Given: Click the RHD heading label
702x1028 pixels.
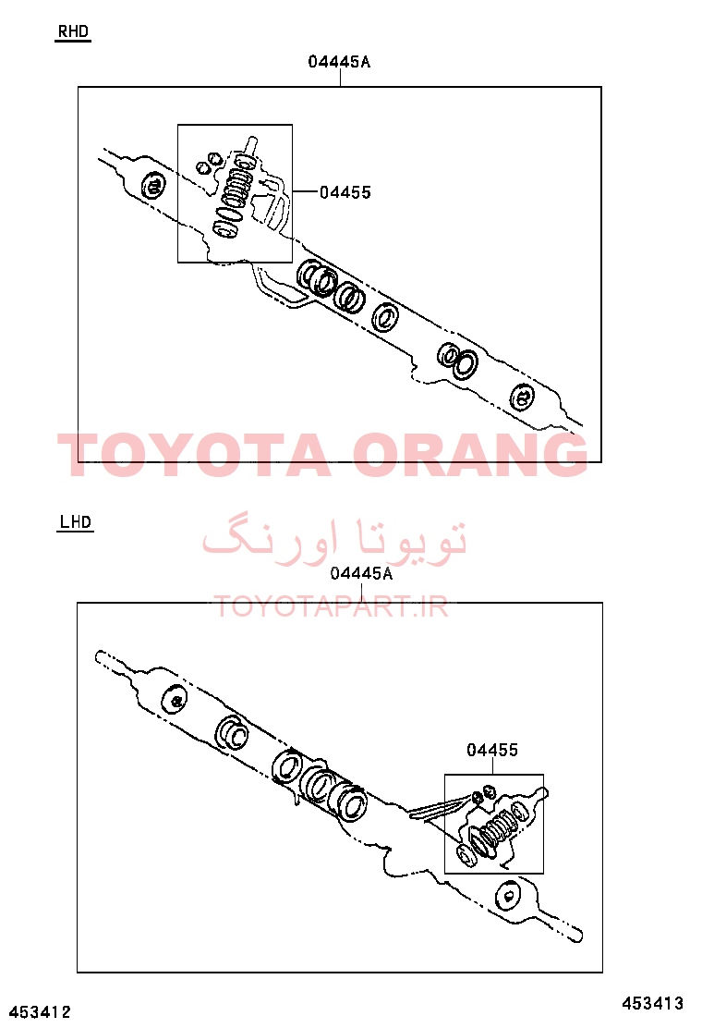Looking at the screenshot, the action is coord(73,31).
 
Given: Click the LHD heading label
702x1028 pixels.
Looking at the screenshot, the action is coord(76,522).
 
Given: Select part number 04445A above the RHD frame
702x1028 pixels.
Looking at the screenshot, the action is coord(339,62).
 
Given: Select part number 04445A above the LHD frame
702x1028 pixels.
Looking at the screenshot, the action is coord(361,574).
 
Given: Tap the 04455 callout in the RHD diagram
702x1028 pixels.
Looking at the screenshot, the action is coord(345,192).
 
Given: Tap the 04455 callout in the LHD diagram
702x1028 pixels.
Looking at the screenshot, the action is coord(492,750).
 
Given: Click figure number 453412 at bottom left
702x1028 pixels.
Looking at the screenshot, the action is coord(40,1012).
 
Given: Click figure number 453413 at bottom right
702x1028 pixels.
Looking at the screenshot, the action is coord(652,1003).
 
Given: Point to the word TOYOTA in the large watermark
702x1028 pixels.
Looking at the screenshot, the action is coord(194,454).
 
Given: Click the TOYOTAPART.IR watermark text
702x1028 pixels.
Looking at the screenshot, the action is coord(332,607).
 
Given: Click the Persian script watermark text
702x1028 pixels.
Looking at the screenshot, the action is coord(334,539).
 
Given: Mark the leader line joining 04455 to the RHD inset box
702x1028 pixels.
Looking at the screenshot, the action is coord(305,191).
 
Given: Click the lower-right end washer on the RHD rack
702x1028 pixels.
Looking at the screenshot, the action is coord(523,397).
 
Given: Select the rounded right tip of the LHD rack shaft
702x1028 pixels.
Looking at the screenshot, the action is coord(579,936).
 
